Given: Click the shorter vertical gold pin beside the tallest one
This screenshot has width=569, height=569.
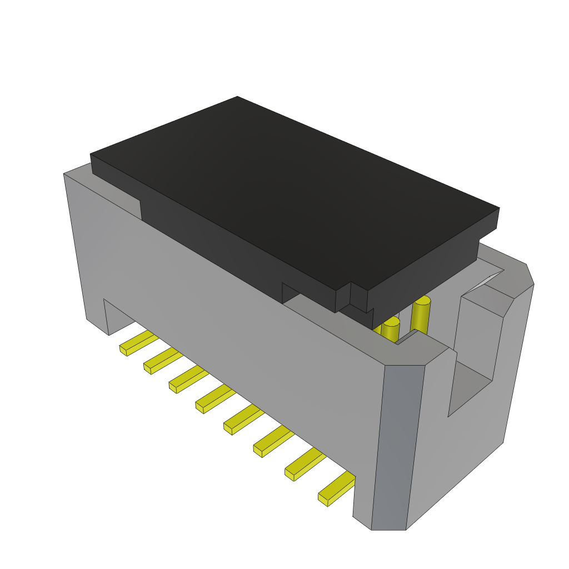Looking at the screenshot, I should [391, 330].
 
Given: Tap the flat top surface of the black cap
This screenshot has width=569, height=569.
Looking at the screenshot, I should [295, 189].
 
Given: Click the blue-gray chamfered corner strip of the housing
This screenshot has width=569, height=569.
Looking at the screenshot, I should [397, 445].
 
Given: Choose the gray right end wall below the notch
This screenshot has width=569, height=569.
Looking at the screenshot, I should [461, 456].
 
